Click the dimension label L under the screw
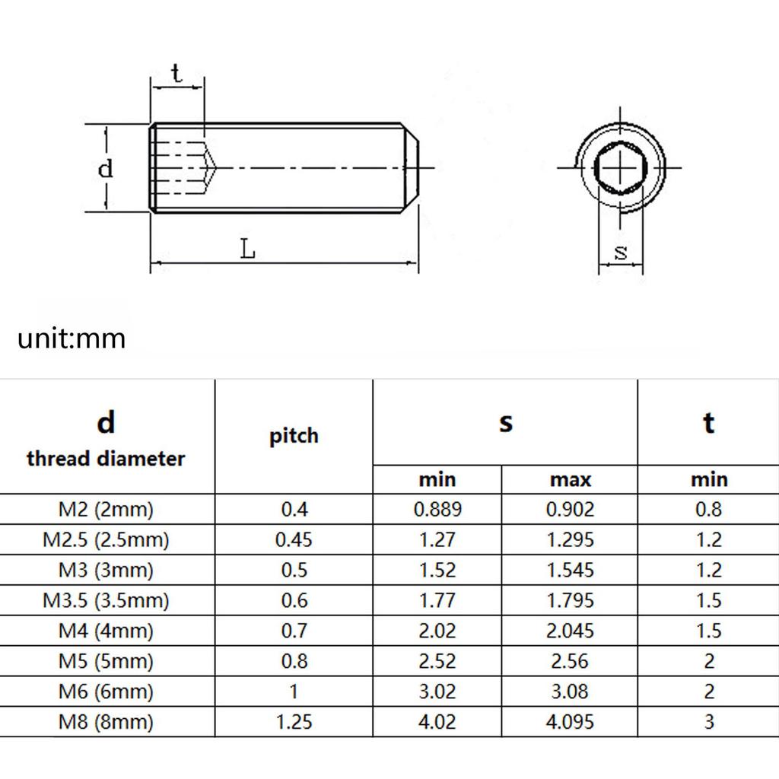[247, 249]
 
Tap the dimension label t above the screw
[176, 74]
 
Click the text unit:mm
[72, 338]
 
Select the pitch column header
[294, 436]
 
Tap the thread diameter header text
[106, 459]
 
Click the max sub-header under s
[570, 479]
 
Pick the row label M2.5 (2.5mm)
[106, 539]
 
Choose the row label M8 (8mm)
[106, 721]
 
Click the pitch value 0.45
[294, 539]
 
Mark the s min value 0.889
[437, 509]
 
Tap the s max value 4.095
[570, 721]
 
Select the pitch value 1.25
[294, 721]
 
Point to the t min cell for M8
[708, 721]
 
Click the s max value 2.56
[570, 660]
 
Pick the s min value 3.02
[437, 691]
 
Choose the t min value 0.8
[708, 509]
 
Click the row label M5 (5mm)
[106, 660]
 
